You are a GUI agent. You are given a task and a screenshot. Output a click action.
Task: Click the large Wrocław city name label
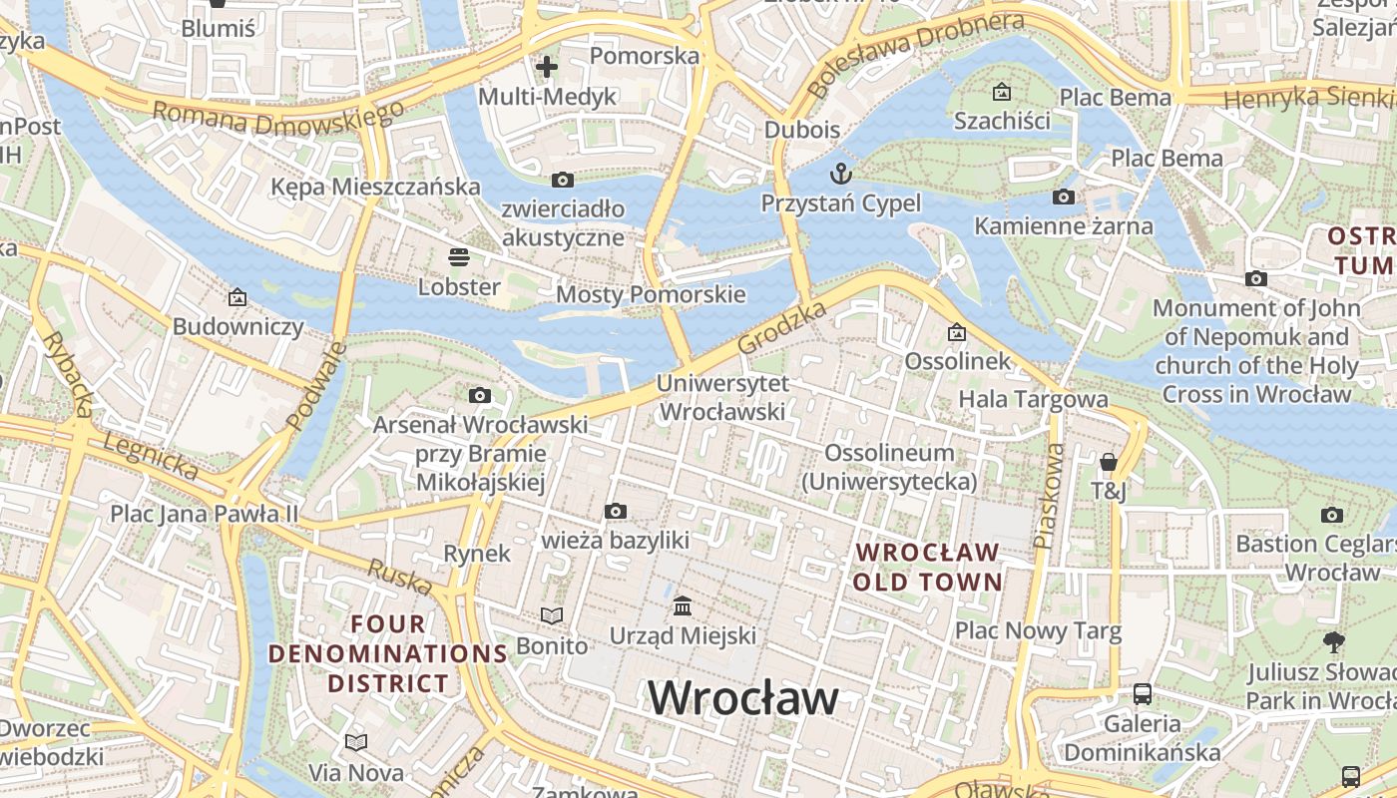[743, 697]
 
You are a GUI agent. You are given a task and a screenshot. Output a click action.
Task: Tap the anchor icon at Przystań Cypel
[841, 174]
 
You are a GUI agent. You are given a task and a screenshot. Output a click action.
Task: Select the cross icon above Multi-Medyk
[547, 67]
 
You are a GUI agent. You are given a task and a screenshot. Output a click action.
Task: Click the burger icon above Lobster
[459, 257]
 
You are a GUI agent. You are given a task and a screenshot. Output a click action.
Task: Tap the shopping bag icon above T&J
[1108, 462]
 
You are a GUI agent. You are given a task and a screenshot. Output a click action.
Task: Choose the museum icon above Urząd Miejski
[683, 605]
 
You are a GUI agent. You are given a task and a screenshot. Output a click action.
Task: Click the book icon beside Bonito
[552, 615]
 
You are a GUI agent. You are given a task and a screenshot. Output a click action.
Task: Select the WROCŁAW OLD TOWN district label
[928, 567]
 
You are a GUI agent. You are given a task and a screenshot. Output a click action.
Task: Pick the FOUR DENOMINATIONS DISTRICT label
[388, 654]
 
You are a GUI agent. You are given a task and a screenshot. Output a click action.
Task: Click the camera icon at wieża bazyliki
[616, 512]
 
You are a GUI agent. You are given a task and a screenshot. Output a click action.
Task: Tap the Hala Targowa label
[1033, 399]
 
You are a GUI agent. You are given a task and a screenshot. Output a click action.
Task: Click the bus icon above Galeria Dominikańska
[1143, 693]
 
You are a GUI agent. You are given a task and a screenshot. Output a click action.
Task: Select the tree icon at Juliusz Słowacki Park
[1332, 641]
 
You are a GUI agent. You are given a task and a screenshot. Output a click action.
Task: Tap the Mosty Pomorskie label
[651, 294]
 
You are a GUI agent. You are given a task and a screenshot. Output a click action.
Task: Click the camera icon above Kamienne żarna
[1064, 197]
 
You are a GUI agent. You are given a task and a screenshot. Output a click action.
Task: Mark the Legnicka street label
[150, 456]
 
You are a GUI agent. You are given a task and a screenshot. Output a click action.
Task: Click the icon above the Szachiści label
[1002, 93]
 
